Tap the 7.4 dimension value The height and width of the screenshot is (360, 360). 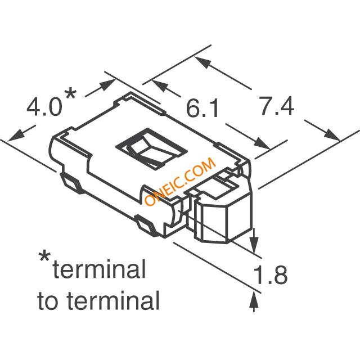[x=276, y=106]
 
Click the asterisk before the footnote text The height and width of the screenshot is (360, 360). [x=44, y=258]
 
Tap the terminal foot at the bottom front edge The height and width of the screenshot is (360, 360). [x=146, y=226]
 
